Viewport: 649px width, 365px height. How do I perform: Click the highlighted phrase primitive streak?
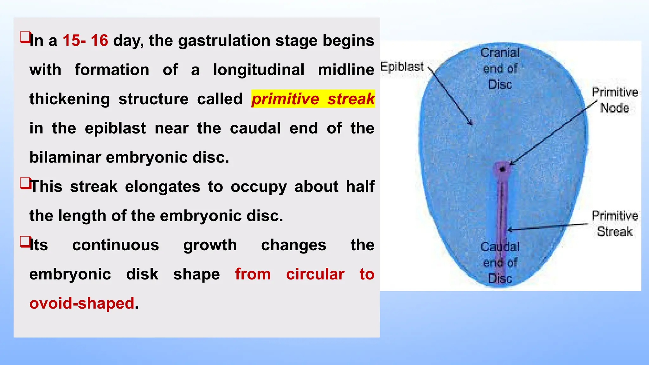pyautogui.click(x=313, y=99)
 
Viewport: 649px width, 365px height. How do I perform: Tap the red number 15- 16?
pyautogui.click(x=85, y=41)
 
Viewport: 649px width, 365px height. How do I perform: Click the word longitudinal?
pyautogui.click(x=258, y=70)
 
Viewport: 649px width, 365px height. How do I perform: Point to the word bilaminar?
pyautogui.click(x=65, y=157)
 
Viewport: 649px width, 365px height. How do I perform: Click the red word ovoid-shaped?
pyautogui.click(x=82, y=303)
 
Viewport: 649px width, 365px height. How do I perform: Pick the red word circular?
pyautogui.click(x=315, y=274)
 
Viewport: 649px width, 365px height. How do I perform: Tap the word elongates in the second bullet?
pyautogui.click(x=162, y=187)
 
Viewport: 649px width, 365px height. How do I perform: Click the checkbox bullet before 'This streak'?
pyautogui.click(x=25, y=183)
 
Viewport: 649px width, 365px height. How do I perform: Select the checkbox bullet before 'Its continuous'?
pyautogui.click(x=25, y=241)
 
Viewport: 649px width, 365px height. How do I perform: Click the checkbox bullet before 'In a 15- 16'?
pyautogui.click(x=25, y=37)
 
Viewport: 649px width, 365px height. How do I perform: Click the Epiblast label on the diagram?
pyautogui.click(x=402, y=67)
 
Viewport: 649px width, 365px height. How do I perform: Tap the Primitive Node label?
pyautogui.click(x=614, y=100)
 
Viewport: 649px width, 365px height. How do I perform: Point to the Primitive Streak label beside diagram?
pyautogui.click(x=614, y=223)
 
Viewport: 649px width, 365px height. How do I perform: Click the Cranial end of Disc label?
pyautogui.click(x=500, y=68)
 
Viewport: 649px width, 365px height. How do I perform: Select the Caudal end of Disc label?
pyautogui.click(x=500, y=262)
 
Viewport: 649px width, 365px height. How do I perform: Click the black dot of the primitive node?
pyautogui.click(x=502, y=170)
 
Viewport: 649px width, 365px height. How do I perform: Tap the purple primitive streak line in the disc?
pyautogui.click(x=502, y=206)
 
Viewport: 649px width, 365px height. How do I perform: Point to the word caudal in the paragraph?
pyautogui.click(x=255, y=128)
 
